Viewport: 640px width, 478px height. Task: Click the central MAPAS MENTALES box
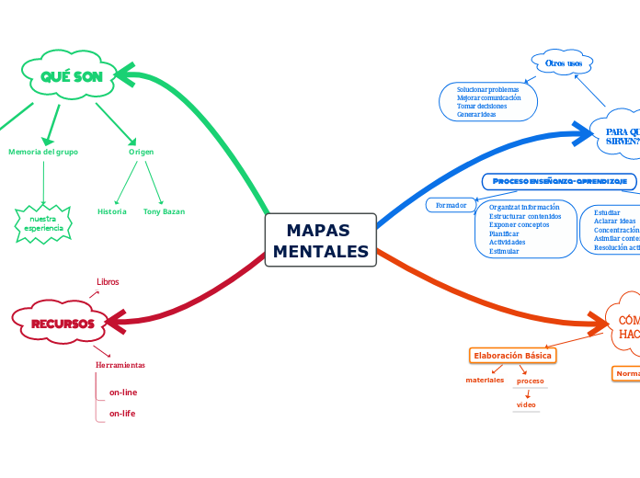point(320,240)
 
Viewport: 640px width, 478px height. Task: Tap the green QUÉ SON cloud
point(71,76)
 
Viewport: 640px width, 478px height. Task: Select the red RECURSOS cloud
point(63,324)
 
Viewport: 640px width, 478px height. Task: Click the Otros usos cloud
point(563,63)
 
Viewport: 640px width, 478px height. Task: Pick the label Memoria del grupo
point(43,152)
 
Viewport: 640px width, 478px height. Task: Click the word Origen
point(141,152)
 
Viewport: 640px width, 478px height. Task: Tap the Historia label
point(112,211)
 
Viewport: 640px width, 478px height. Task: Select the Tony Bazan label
point(164,211)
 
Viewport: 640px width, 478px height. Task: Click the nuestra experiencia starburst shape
point(43,223)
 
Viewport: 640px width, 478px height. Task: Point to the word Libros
point(108,281)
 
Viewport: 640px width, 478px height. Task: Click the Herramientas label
point(120,365)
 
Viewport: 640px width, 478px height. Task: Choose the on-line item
point(123,393)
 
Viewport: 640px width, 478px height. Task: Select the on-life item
point(122,414)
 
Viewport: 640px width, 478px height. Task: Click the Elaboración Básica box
point(513,355)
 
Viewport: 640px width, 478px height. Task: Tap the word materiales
point(485,380)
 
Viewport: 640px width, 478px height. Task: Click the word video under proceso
point(526,404)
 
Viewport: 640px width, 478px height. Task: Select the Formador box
point(451,204)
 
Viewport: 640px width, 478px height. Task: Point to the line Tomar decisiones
point(482,106)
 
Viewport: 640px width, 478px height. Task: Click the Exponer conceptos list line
point(520,224)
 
